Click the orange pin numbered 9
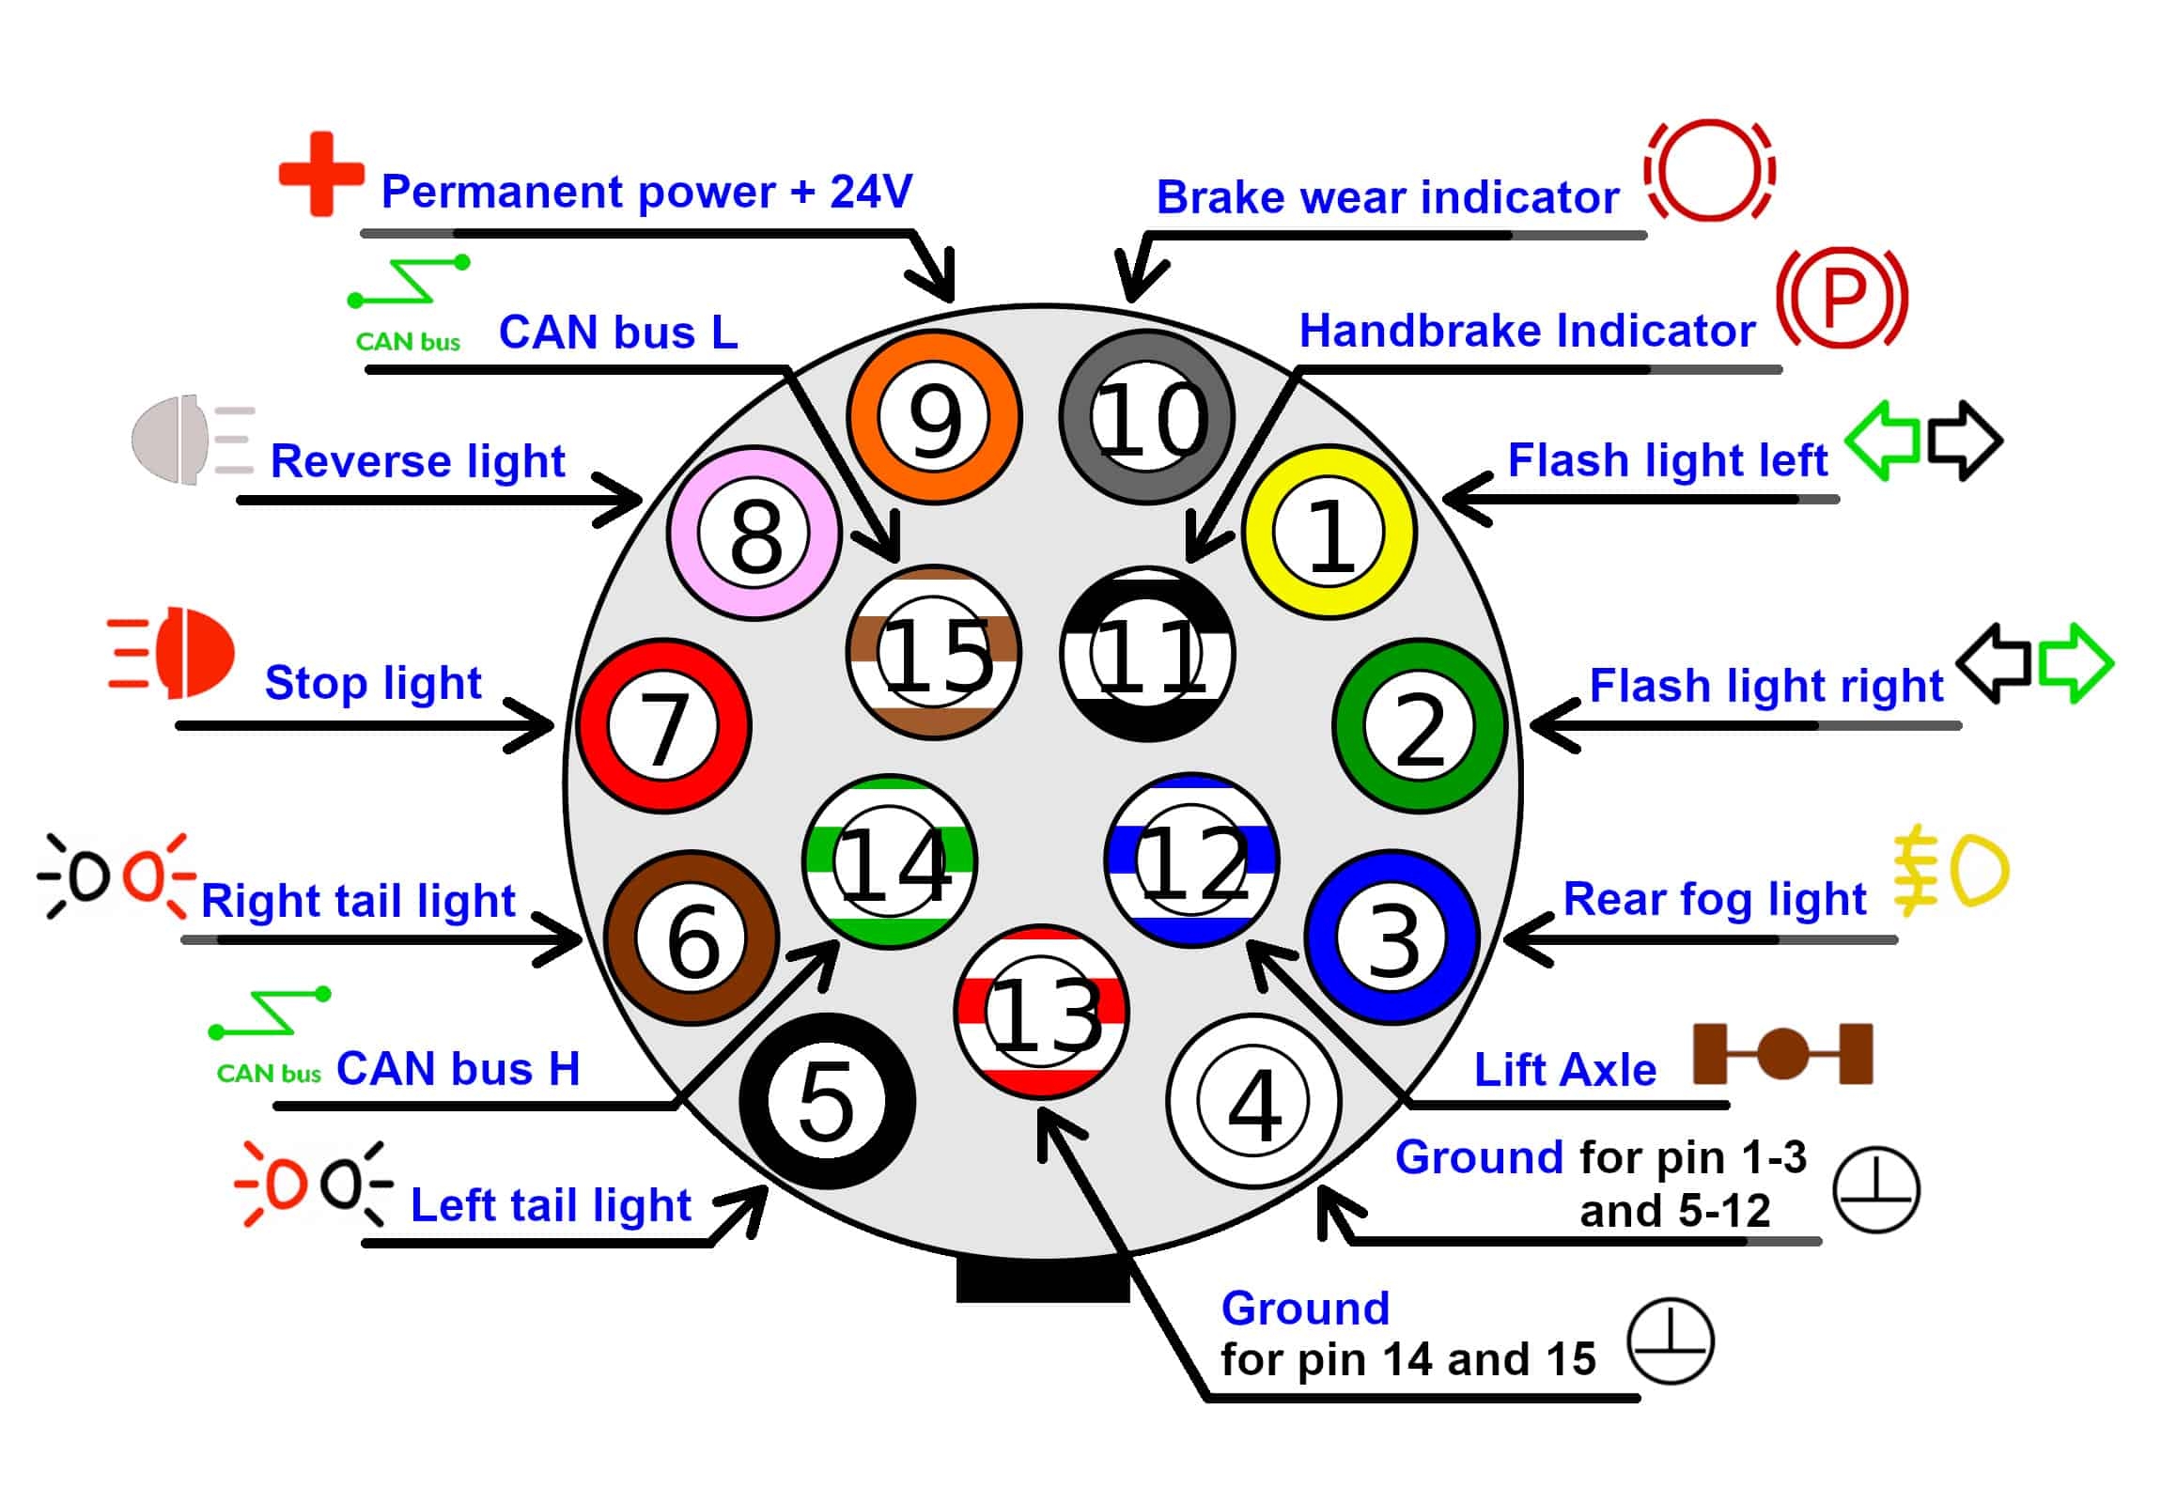click(934, 417)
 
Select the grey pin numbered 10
click(1146, 417)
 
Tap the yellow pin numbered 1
click(1328, 533)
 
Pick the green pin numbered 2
click(1420, 725)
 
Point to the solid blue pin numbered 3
click(1392, 937)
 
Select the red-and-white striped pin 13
click(1041, 1012)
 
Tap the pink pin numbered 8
click(754, 533)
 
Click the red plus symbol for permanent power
click(321, 174)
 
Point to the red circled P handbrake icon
click(1842, 298)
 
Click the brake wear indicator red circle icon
click(1709, 170)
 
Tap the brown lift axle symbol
click(1782, 1053)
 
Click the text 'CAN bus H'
click(458, 1069)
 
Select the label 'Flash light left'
click(1667, 461)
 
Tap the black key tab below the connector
click(1042, 1280)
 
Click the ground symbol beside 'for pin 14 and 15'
click(1671, 1341)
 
